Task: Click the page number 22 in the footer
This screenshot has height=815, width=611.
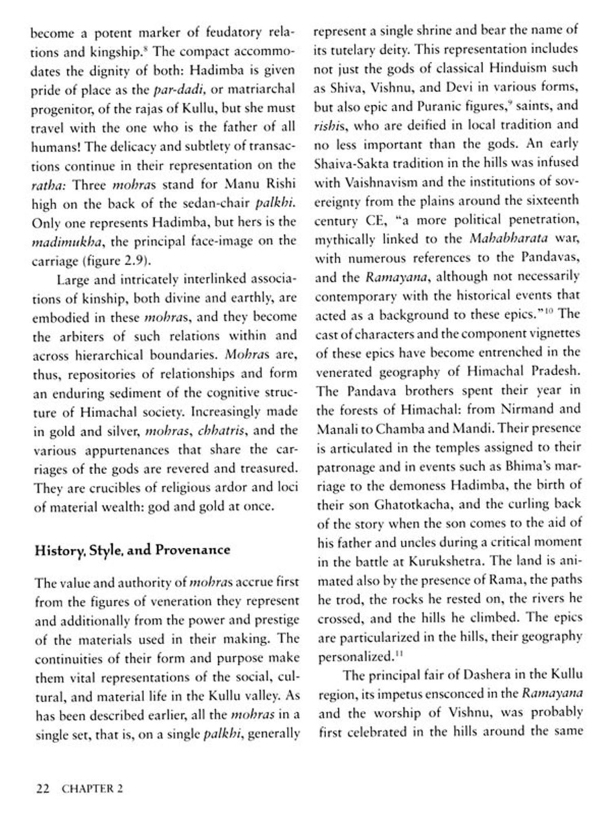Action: click(43, 789)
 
